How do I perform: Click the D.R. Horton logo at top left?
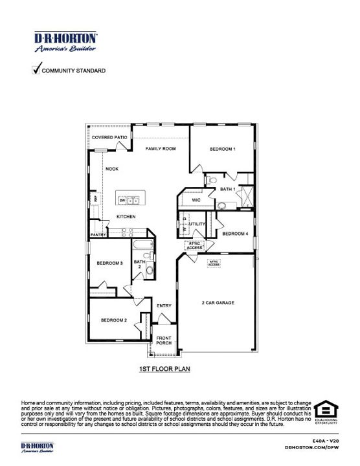pyautogui.click(x=65, y=42)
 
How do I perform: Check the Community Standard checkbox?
pyautogui.click(x=36, y=69)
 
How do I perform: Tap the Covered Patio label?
pyautogui.click(x=109, y=138)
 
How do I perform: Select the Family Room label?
pyautogui.click(x=161, y=149)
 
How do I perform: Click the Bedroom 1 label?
pyautogui.click(x=222, y=149)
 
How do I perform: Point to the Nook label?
pyautogui.click(x=112, y=169)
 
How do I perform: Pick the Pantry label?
pyautogui.click(x=98, y=235)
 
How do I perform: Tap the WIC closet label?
pyautogui.click(x=197, y=201)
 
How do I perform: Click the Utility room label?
pyautogui.click(x=197, y=225)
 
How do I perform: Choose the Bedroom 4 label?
pyautogui.click(x=235, y=233)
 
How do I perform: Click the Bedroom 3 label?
pyautogui.click(x=110, y=263)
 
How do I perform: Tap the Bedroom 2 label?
pyautogui.click(x=113, y=320)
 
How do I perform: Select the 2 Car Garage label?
pyautogui.click(x=218, y=302)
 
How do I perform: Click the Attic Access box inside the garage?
pyautogui.click(x=214, y=263)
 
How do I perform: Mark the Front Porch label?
pyautogui.click(x=164, y=341)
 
